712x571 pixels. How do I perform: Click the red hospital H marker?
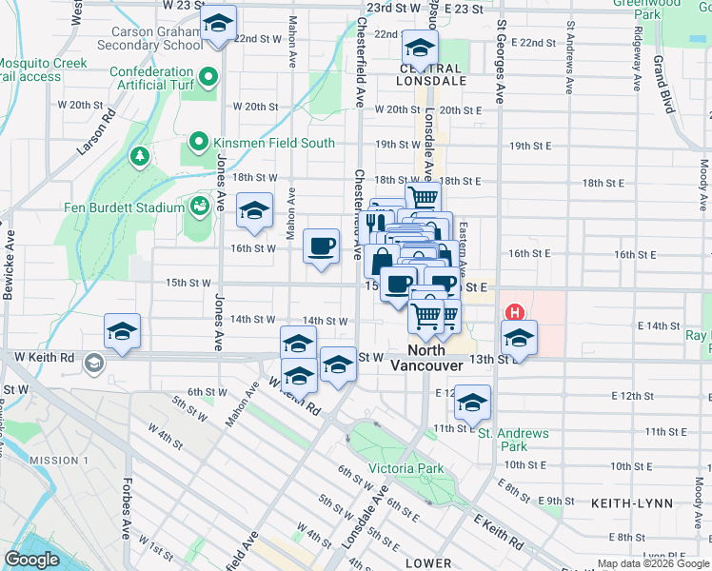click(515, 311)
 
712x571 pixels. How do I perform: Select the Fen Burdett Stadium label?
click(124, 207)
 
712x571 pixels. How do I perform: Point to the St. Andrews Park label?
click(515, 440)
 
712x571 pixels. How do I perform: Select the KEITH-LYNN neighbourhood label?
click(631, 502)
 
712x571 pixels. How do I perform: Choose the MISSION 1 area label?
click(59, 461)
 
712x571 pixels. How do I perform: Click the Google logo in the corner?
click(31, 560)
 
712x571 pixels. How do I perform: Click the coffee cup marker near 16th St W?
click(321, 246)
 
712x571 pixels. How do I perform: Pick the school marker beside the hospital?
click(519, 338)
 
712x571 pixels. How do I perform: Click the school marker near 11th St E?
click(472, 403)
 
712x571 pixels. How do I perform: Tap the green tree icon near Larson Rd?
click(141, 154)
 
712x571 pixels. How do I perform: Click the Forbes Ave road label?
click(126, 515)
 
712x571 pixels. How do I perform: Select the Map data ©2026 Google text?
click(652, 563)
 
